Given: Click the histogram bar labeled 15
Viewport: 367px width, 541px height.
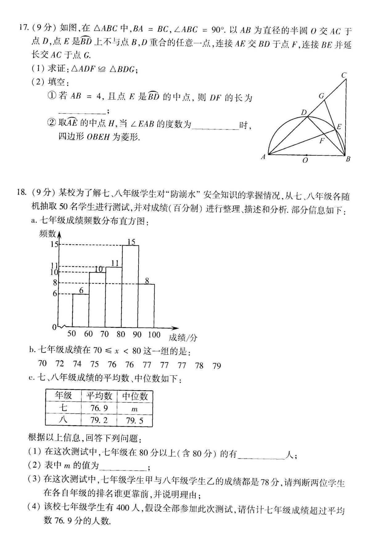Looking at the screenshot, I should [130, 286].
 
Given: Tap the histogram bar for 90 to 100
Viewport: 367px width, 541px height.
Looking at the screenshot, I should [146, 305].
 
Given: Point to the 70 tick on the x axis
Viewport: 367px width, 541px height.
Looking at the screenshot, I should [105, 334].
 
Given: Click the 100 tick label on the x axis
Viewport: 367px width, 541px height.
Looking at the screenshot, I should [154, 334].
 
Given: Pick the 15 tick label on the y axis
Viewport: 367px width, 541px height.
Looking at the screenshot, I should [54, 244].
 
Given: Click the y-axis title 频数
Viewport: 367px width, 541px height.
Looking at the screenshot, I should [47, 233].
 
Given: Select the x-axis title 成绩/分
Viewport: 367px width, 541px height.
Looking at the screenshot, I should [183, 337].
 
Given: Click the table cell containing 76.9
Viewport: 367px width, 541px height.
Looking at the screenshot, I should [99, 408].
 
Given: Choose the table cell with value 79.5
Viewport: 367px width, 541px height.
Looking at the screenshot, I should [135, 421].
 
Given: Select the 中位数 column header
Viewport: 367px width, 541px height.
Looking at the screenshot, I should [135, 396].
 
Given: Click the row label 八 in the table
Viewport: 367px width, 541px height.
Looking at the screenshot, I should [63, 420].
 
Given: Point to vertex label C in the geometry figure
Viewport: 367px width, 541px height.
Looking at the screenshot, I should [344, 75].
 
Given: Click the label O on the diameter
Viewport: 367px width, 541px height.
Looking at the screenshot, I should [305, 160].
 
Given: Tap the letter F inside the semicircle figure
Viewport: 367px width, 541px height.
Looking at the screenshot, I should [322, 141].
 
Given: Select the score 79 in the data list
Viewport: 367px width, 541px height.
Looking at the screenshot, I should [217, 366].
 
